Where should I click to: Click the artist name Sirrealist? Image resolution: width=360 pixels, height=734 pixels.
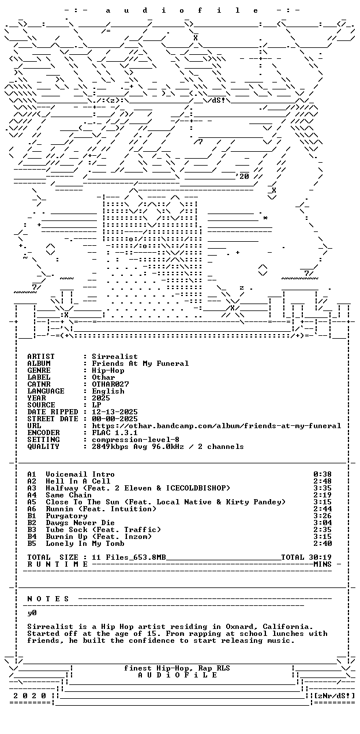pyautogui.click(x=115, y=357)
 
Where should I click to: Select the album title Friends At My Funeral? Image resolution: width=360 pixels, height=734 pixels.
pyautogui.click(x=140, y=364)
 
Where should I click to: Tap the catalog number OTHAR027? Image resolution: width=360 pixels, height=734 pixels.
pyautogui.click(x=110, y=384)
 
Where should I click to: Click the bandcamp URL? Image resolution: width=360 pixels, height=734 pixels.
pyautogui.click(x=216, y=426)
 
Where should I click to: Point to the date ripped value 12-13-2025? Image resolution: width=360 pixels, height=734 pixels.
pyautogui.click(x=115, y=412)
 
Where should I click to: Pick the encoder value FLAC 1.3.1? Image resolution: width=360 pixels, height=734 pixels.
pyautogui.click(x=115, y=433)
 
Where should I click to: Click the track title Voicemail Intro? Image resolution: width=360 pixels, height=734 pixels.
pyautogui.click(x=80, y=474)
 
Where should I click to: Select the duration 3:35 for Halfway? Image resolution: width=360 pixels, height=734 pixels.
pyautogui.click(x=322, y=488)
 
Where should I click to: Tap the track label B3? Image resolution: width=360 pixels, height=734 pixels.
pyautogui.click(x=32, y=530)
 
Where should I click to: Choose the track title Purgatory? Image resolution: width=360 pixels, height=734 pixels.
pyautogui.click(x=66, y=516)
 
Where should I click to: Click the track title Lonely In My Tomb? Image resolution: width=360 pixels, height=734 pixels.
pyautogui.click(x=85, y=544)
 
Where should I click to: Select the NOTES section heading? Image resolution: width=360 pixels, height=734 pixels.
pyautogui.click(x=48, y=599)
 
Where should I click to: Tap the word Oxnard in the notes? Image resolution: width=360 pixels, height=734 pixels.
pyautogui.click(x=239, y=627)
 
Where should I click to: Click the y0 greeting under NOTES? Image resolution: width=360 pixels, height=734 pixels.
pyautogui.click(x=32, y=613)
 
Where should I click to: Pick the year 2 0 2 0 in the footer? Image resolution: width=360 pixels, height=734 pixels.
pyautogui.click(x=29, y=696)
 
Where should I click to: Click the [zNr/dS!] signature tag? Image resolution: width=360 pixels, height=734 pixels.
pyautogui.click(x=334, y=696)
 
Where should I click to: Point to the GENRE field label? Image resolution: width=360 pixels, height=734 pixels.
pyautogui.click(x=39, y=370)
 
